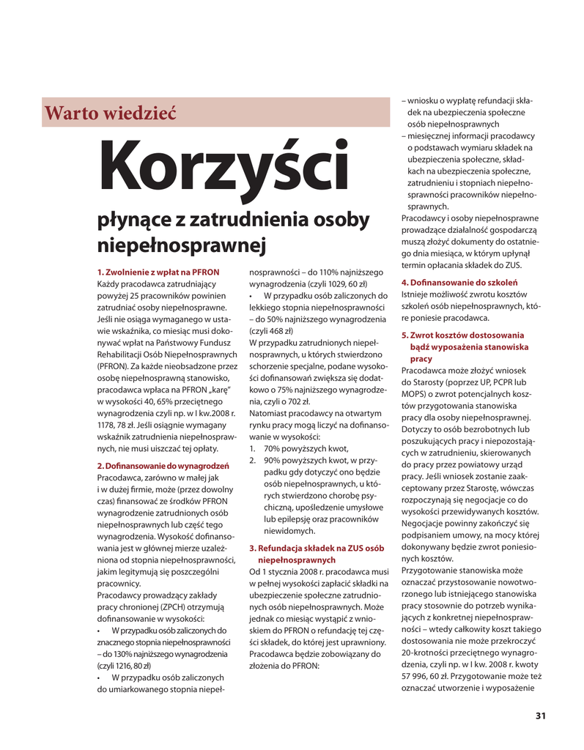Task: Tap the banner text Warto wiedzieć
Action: pos(111,114)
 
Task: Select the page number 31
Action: pos(541,716)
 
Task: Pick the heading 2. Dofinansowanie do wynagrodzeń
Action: pos(163,465)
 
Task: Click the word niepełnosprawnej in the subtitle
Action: pos(180,245)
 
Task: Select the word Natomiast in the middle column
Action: pos(270,413)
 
